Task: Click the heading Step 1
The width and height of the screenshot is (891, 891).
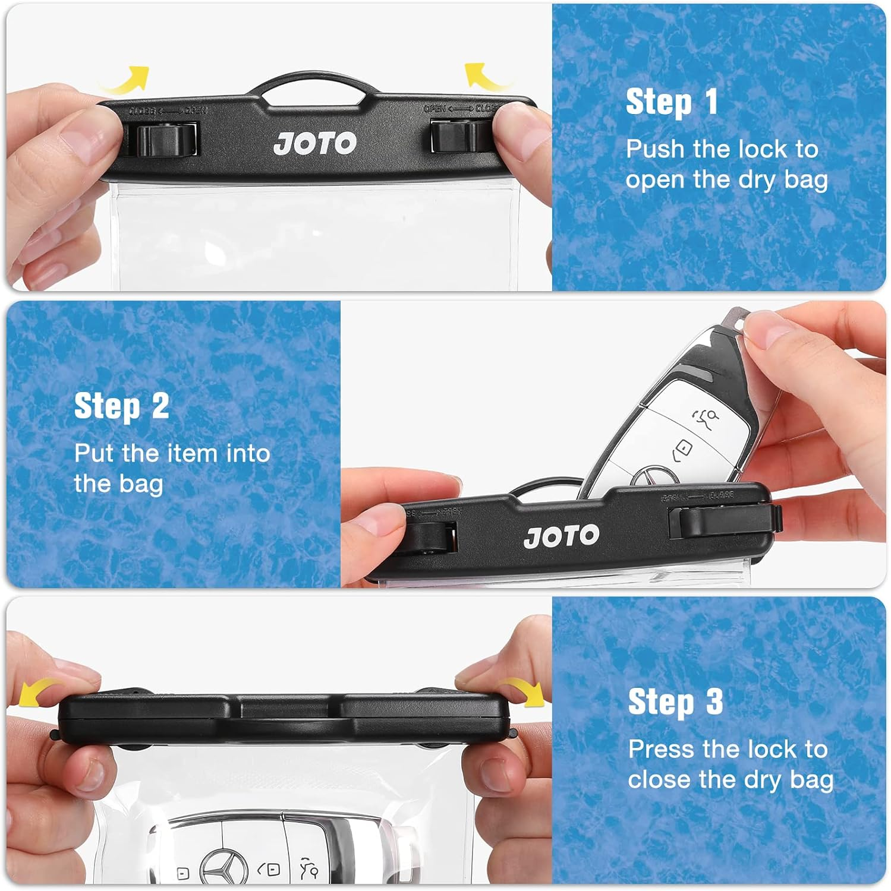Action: pyautogui.click(x=672, y=102)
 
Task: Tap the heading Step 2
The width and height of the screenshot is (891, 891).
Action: pyautogui.click(x=122, y=407)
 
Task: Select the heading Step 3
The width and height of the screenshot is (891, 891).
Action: pyautogui.click(x=675, y=702)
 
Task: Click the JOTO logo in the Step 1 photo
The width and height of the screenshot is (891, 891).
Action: pyautogui.click(x=315, y=143)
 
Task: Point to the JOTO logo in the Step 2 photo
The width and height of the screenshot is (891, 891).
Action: pyautogui.click(x=562, y=536)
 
